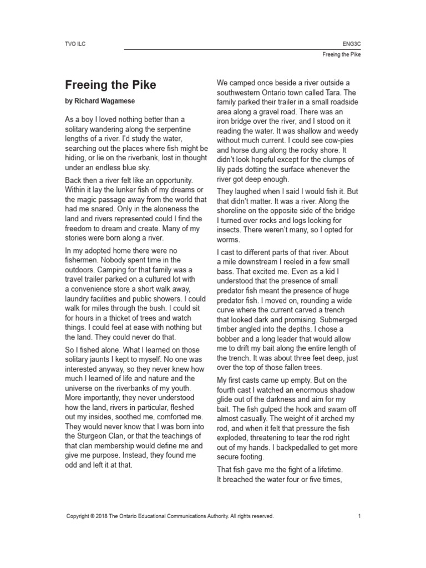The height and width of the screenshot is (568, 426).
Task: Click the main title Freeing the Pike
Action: [110, 85]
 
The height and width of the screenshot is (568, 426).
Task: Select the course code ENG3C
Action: [352, 42]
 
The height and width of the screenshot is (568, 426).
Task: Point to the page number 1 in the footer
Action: [359, 516]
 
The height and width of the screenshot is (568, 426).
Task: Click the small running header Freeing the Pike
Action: [341, 55]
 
